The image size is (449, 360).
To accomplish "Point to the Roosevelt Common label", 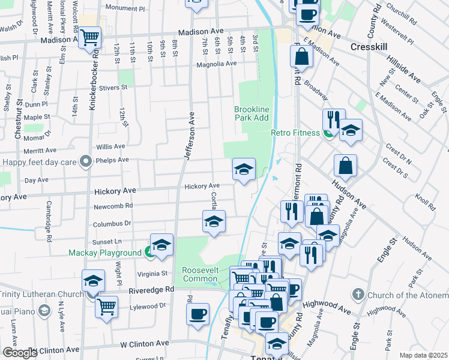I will point(205,275).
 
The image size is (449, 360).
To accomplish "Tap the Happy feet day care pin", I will point(86,161).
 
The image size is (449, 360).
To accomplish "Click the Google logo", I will point(19,353).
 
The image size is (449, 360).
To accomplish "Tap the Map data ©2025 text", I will point(423,355).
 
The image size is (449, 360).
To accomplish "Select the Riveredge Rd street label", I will point(152,289).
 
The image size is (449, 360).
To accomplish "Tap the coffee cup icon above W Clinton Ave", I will point(197,313).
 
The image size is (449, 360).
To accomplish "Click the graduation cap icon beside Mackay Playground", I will point(161,245).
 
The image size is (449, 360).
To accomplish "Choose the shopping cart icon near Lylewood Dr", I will point(106,307).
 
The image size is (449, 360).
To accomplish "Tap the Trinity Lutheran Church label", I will point(40,294).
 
